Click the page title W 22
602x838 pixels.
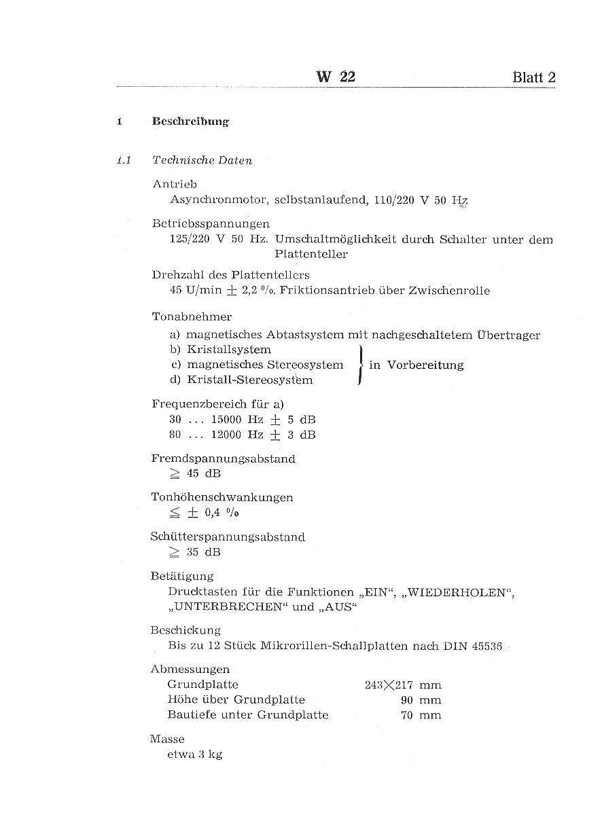(336, 77)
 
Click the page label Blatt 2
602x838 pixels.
(534, 77)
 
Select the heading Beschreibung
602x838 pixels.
(190, 122)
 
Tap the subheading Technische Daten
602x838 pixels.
(202, 161)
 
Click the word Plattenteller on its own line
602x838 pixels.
(311, 255)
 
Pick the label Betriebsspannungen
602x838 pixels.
(211, 223)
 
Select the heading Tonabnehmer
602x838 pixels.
(192, 316)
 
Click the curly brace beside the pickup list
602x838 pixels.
(360, 365)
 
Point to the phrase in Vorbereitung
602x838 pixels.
(416, 365)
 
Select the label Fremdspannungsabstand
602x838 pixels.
(223, 459)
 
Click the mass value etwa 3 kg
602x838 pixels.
(194, 754)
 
